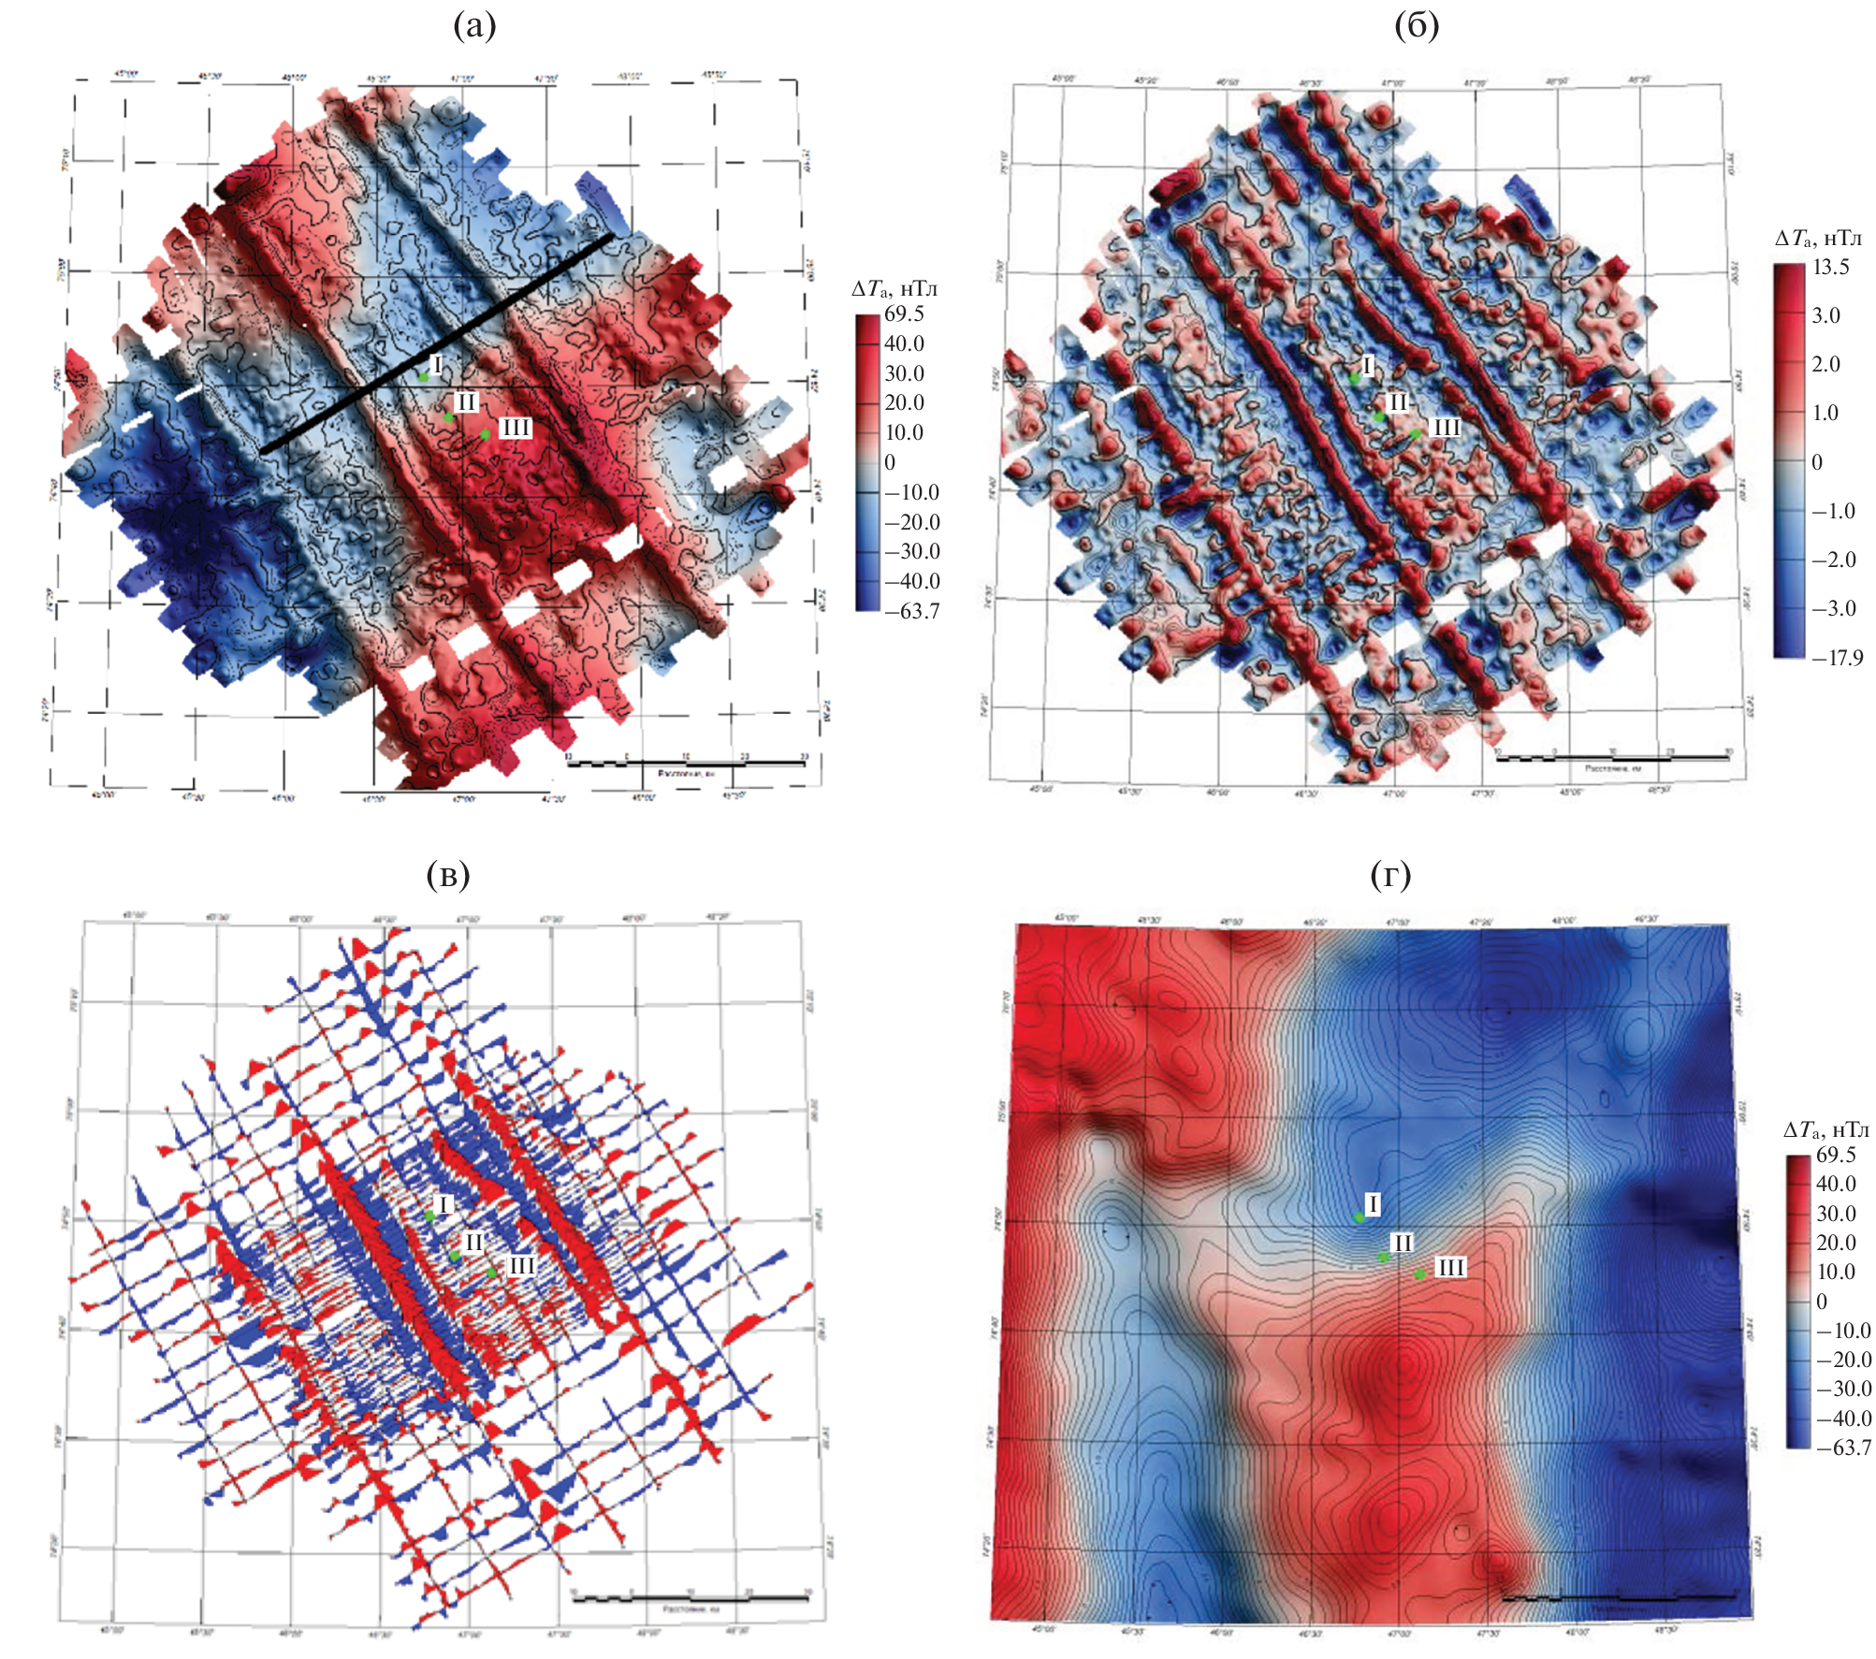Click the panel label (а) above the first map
point(474,25)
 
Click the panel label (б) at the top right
point(1417,25)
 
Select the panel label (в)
point(448,875)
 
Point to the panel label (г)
point(1390,875)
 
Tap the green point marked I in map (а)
point(423,377)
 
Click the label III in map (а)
point(515,429)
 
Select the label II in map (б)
point(1397,403)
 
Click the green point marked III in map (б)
point(1416,433)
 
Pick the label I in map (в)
point(444,1205)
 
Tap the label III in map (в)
point(521,1266)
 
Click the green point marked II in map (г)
point(1384,1258)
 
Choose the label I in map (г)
point(1373,1204)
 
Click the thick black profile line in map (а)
point(437,343)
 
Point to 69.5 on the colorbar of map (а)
point(904,314)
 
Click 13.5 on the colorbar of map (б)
point(1831,268)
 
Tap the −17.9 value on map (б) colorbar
point(1838,658)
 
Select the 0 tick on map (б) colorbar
point(1817,462)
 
